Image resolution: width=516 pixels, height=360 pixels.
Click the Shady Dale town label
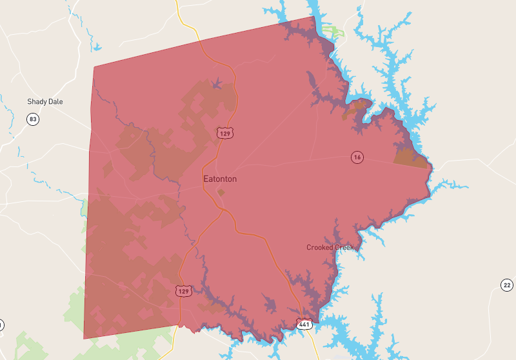tap(45, 102)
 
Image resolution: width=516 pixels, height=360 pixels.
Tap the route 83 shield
tap(33, 119)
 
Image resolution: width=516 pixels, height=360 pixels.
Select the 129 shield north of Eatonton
tap(224, 133)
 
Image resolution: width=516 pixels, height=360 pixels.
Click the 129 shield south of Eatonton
tap(183, 291)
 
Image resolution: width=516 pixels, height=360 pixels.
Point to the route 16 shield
tap(357, 157)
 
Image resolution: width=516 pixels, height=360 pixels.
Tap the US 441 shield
tap(304, 323)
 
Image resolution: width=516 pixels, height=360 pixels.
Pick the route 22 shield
tap(507, 285)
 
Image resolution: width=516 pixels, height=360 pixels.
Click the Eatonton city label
tap(220, 179)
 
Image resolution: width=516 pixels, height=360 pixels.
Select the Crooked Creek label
tap(331, 248)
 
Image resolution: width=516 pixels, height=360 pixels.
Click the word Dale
tap(55, 102)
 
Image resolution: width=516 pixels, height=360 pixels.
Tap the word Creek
tap(345, 248)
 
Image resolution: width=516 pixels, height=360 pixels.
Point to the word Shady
tap(37, 102)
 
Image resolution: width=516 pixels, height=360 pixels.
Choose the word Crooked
tap(320, 248)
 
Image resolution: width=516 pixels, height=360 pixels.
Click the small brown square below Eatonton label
tap(221, 192)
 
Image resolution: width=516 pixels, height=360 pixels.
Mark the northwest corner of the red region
tap(94, 66)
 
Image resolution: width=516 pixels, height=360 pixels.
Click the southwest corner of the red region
tap(84, 338)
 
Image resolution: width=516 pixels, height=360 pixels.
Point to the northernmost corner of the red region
tap(314, 16)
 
